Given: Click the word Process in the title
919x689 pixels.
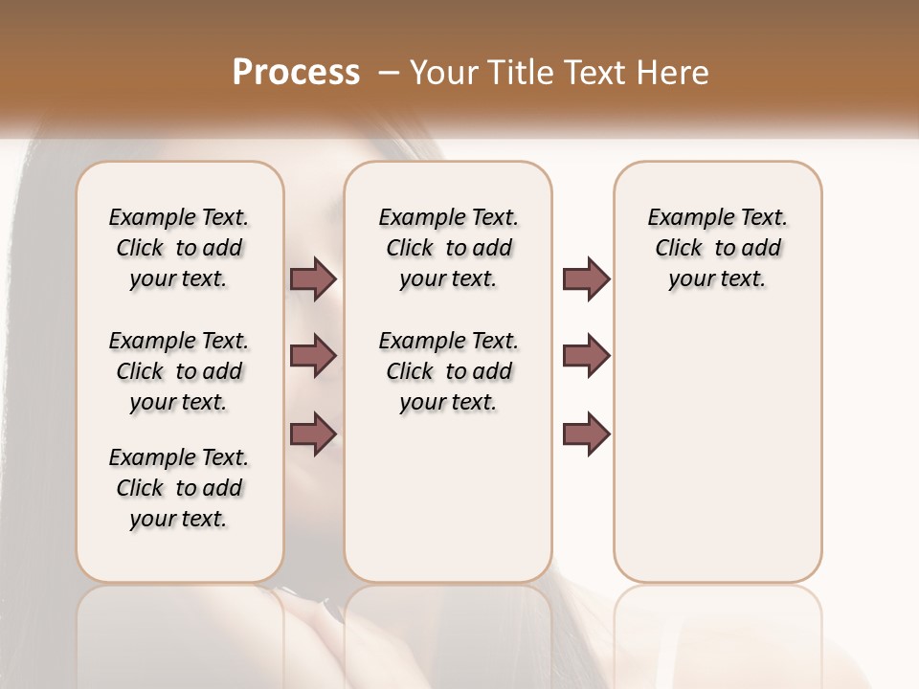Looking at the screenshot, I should [296, 73].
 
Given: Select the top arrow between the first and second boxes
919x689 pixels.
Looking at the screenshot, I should [313, 278].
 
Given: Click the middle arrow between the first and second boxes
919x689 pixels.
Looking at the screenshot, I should [313, 356].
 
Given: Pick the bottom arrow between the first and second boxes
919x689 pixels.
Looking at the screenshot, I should [313, 433].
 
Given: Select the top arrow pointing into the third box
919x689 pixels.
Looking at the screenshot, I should [586, 278].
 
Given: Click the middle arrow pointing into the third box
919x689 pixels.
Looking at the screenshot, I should [586, 356].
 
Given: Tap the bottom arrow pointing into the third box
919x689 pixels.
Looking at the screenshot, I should [586, 433].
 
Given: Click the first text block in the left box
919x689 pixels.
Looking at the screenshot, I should [179, 248].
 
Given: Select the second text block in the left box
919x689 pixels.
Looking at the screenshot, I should [179, 371].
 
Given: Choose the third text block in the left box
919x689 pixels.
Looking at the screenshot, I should [179, 488].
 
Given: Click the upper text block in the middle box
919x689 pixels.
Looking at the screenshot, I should [448, 248].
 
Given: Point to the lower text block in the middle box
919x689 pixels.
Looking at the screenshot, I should [448, 371].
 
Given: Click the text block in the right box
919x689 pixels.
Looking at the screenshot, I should [717, 248].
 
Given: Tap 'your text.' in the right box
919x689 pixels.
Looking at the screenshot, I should [717, 279].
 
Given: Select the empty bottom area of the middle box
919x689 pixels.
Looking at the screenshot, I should [448, 507].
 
